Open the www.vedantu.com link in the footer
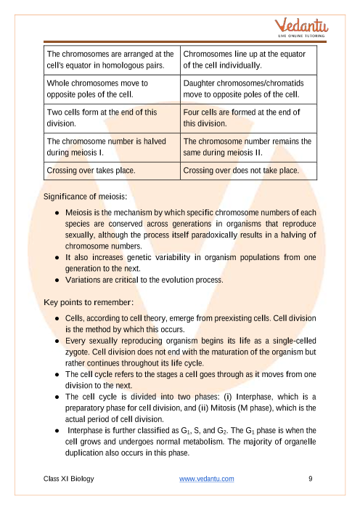[x=206, y=479]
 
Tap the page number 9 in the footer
[x=310, y=479]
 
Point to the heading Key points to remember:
[x=89, y=301]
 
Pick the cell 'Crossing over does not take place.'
[x=240, y=171]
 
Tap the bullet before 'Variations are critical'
[x=57, y=279]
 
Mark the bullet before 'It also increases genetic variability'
[x=57, y=256]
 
